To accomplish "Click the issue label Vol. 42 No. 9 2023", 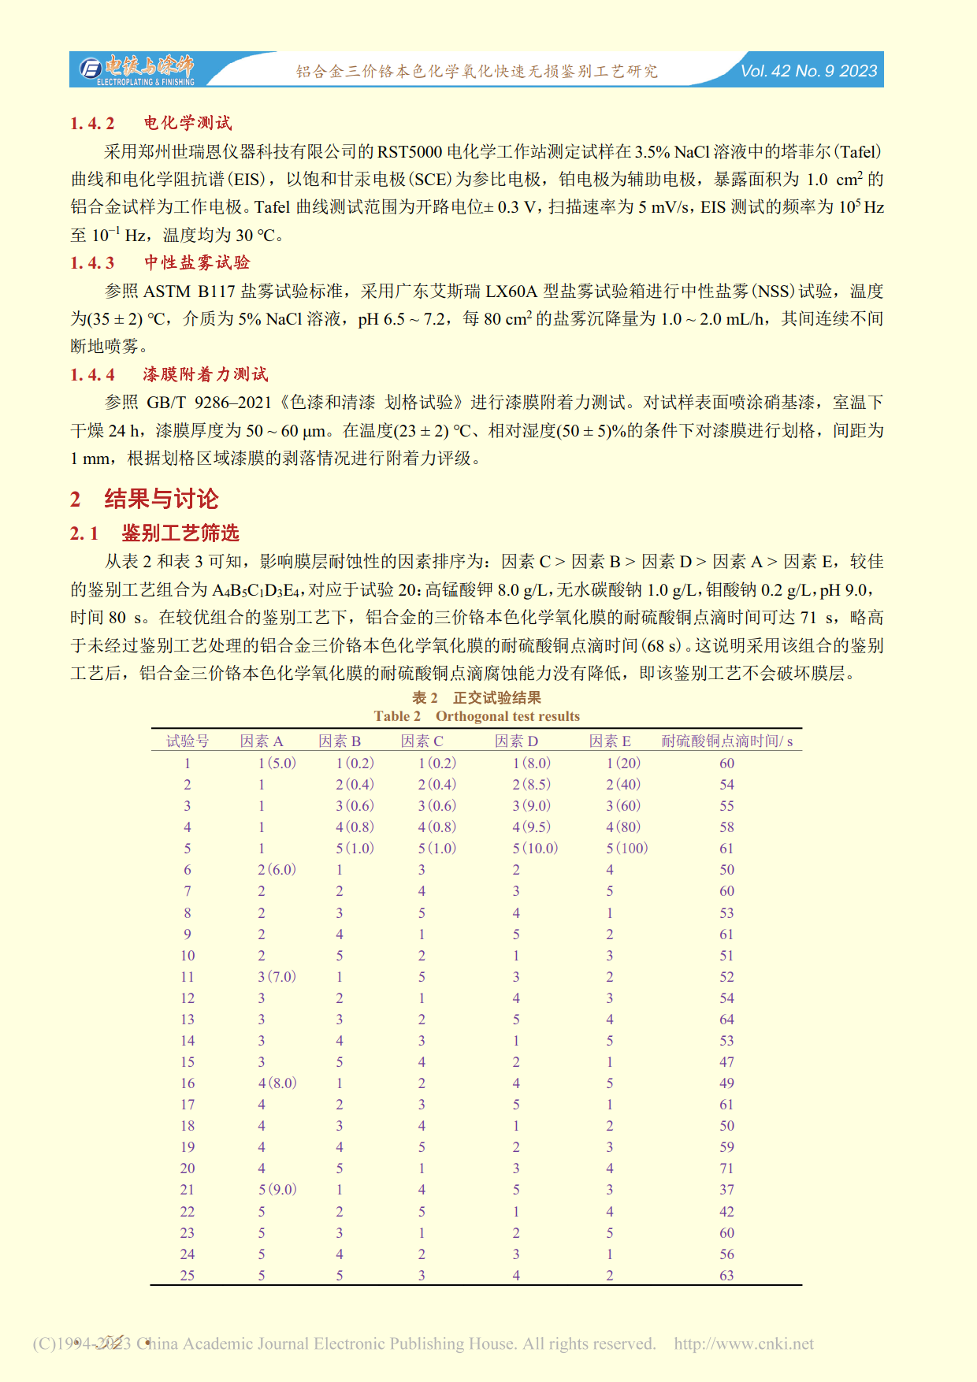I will [x=808, y=71].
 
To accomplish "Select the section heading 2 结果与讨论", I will [x=144, y=498].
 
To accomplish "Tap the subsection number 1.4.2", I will [x=92, y=123].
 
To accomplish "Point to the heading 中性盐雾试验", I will [x=197, y=262].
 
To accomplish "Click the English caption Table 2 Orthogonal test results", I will [x=477, y=716].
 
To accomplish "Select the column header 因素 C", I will [x=422, y=741].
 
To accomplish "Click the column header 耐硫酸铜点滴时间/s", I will [x=726, y=741].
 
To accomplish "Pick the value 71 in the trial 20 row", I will [x=726, y=1168].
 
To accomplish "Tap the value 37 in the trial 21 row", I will [x=726, y=1190].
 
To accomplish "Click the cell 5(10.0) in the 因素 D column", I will [x=535, y=849].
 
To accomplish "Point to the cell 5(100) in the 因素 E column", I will [x=626, y=849].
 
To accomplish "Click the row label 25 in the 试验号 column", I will [x=188, y=1276].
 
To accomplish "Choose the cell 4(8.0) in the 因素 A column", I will [x=277, y=1083].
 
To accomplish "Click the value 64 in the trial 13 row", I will [x=726, y=1020].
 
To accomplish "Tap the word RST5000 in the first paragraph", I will [x=410, y=151].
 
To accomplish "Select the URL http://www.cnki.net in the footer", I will [x=744, y=1343].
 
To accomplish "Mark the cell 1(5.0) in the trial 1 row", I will [x=277, y=763].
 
